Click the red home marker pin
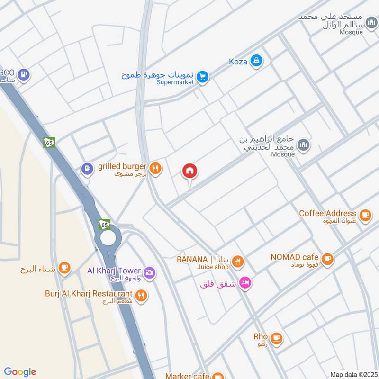(190, 171)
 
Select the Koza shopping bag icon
(256, 61)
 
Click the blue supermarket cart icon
(203, 77)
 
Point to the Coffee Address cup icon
(364, 216)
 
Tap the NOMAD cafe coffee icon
(327, 259)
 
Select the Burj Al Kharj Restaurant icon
(140, 296)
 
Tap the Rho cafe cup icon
(277, 338)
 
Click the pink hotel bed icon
(245, 283)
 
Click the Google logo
(20, 372)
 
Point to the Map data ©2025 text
(353, 375)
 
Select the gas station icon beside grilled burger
(87, 168)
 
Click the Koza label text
(238, 62)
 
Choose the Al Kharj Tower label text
(114, 271)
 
